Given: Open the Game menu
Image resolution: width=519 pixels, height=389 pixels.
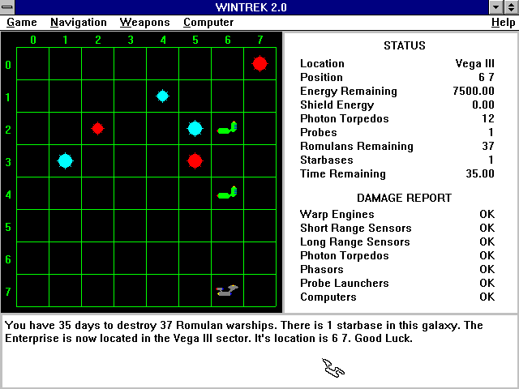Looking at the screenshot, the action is [22, 23].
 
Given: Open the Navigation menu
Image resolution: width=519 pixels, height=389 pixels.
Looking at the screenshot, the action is [79, 23].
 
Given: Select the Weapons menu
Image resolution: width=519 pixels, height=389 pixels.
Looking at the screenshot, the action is [144, 23].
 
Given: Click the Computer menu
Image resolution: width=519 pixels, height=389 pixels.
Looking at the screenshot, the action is [208, 23].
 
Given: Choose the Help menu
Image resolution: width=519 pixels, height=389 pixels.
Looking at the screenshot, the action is [503, 23].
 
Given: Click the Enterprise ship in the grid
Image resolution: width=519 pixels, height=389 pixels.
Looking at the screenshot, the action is [227, 290].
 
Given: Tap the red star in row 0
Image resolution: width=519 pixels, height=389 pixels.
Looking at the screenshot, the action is [259, 63].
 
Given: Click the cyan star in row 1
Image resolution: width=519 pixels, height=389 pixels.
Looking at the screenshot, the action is [162, 96].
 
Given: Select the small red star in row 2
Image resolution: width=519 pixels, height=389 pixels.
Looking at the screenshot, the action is [97, 128].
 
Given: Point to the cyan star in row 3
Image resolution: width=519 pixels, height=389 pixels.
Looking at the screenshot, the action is [65, 161].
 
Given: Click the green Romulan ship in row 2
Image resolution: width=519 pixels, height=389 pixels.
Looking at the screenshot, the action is [227, 128].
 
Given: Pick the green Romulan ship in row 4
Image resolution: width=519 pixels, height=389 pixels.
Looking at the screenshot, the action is [227, 193].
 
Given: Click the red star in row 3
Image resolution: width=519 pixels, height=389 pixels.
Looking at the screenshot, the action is [195, 161].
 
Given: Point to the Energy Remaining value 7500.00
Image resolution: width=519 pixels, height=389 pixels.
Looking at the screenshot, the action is [474, 91].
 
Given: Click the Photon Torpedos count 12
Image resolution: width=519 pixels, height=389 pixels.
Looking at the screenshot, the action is [488, 118].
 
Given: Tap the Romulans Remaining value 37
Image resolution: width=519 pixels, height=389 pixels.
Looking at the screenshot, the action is [488, 146].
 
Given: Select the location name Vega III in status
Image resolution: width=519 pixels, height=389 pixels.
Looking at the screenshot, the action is [474, 63].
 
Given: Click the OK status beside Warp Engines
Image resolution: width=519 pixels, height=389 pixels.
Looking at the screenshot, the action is [487, 214].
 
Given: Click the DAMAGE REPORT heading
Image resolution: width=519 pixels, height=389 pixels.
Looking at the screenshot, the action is [404, 198].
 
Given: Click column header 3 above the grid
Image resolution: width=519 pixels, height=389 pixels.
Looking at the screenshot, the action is [131, 40].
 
